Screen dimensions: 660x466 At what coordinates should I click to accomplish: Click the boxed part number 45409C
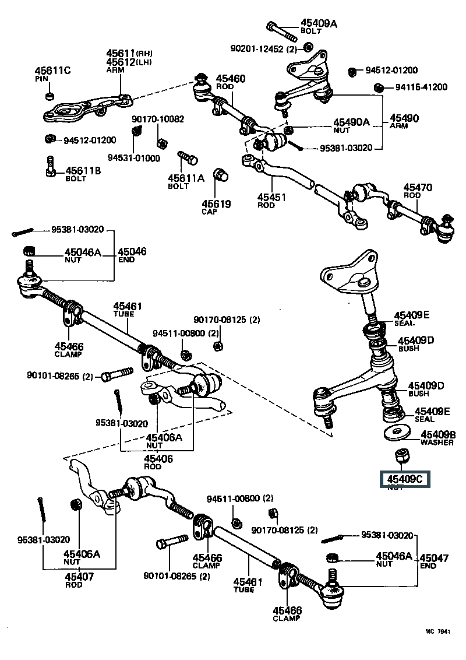[404, 480]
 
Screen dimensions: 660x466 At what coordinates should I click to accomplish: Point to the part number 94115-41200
[417, 87]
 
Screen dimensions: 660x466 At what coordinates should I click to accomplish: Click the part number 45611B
[83, 170]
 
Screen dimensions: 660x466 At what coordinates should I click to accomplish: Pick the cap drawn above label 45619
[221, 174]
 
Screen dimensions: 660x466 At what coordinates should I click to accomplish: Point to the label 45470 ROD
[418, 191]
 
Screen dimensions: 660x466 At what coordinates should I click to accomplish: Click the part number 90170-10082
[157, 119]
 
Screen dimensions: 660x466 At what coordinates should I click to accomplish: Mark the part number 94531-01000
[133, 159]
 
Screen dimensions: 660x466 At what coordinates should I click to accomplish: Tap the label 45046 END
[132, 255]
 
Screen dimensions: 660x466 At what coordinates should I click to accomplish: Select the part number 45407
[79, 577]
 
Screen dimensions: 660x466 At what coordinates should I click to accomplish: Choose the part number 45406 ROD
[159, 462]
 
